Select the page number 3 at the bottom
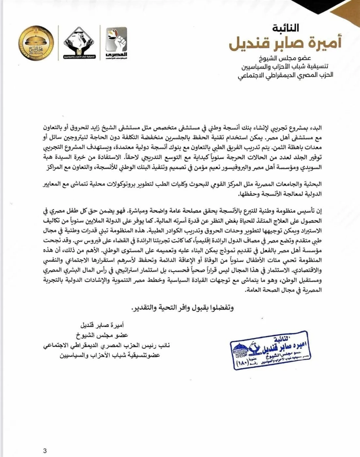point(45,451)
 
